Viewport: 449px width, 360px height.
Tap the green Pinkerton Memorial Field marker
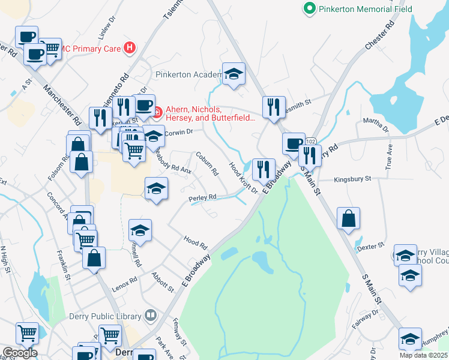pos(310,8)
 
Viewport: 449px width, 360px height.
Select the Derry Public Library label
pos(109,316)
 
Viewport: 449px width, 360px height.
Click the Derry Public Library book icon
pos(150,315)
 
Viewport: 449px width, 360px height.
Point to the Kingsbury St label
pos(353,179)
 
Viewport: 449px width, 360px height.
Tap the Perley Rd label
pos(203,197)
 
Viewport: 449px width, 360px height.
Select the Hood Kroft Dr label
pos(244,178)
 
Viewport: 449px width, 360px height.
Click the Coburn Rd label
pos(206,163)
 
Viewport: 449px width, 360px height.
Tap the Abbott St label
pos(163,282)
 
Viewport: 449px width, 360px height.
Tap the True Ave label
pos(389,157)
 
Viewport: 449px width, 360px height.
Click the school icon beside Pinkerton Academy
pos(234,74)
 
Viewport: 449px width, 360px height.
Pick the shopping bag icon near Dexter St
pos(348,219)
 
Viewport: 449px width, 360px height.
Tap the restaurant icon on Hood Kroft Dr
pos(264,170)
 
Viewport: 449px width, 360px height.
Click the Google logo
pos(20,353)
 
